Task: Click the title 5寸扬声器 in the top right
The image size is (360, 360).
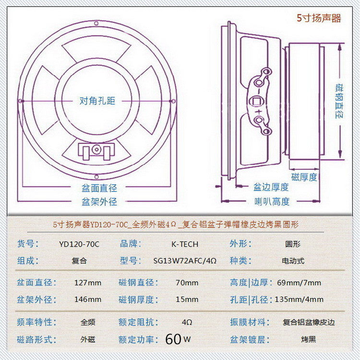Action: [319, 19]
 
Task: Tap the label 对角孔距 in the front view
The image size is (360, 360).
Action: [97, 101]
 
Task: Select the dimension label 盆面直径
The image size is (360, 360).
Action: [99, 188]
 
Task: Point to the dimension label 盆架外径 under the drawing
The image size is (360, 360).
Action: [99, 202]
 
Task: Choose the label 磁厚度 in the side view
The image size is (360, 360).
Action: [304, 177]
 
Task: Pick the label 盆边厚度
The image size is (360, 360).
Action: [271, 187]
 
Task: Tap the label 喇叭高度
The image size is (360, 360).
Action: [272, 202]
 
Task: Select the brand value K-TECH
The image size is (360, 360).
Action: [184, 244]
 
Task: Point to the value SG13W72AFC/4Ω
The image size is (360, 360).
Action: [185, 261]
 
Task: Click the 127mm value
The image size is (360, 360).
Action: [88, 283]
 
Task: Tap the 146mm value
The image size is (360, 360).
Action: [88, 300]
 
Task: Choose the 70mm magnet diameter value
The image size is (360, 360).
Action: [187, 283]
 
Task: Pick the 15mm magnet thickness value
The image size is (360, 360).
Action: [187, 300]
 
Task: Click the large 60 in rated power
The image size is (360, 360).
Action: [173, 339]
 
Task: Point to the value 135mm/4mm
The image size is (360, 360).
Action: [299, 300]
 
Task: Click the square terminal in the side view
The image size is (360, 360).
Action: [258, 102]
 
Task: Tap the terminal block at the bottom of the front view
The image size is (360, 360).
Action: [96, 151]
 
